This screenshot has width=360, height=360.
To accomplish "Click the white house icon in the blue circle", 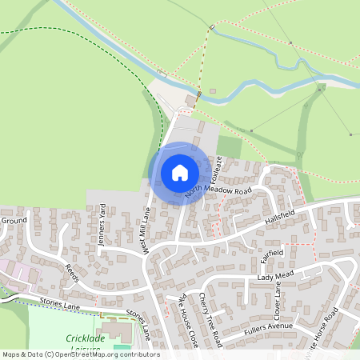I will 179,172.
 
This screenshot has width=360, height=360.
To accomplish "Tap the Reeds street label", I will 72,271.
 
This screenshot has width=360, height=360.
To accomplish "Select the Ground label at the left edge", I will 14,220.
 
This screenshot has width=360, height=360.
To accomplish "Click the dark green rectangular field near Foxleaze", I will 229,147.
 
